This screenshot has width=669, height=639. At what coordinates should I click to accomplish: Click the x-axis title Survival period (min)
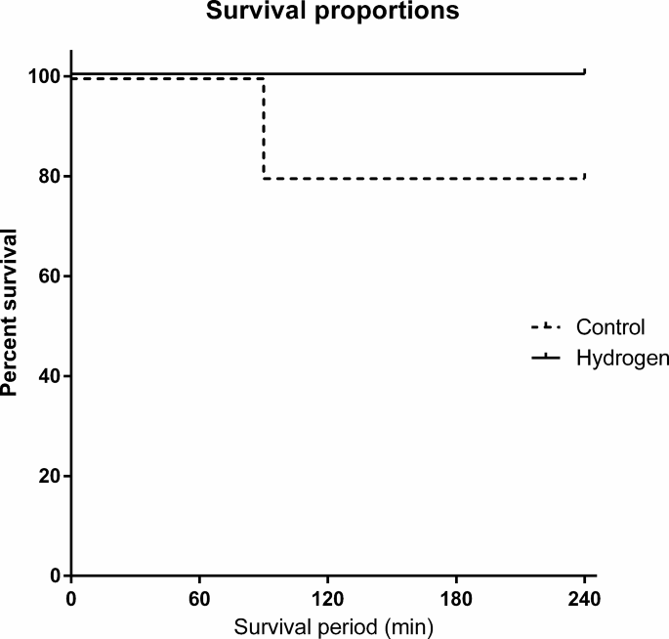(333, 621)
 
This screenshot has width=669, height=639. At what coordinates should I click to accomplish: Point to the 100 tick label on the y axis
(46, 76)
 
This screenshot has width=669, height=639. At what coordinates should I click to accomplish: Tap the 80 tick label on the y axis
(51, 176)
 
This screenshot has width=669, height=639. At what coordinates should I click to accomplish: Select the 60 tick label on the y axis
(51, 277)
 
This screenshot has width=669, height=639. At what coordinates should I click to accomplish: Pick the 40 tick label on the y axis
(51, 376)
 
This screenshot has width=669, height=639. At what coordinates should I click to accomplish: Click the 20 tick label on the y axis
(51, 476)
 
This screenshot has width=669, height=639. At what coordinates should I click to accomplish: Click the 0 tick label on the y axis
(56, 575)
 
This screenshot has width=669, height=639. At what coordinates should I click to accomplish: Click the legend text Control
(611, 327)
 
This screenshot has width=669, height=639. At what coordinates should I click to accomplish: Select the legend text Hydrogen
(622, 358)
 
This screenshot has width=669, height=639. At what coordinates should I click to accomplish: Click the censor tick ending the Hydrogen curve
(584, 71)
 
